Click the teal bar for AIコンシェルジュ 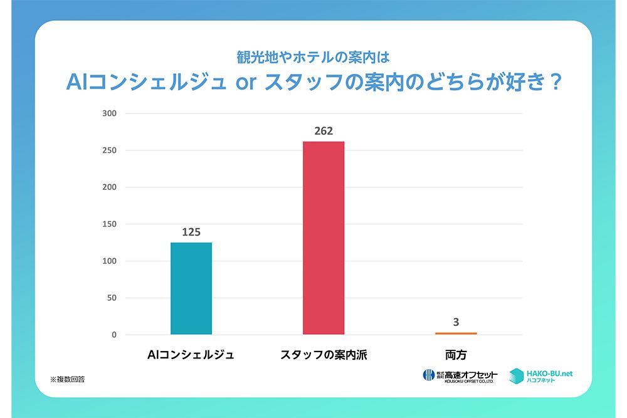pyautogui.click(x=191, y=288)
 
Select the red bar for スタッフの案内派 pyautogui.click(x=324, y=238)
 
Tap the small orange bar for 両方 pyautogui.click(x=456, y=333)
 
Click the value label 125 pyautogui.click(x=191, y=232)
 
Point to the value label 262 pyautogui.click(x=324, y=131)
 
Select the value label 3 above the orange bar pyautogui.click(x=456, y=323)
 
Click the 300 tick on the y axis pyautogui.click(x=110, y=113)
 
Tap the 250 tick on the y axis pyautogui.click(x=110, y=150)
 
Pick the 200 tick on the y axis pyautogui.click(x=110, y=187)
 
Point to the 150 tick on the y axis pyautogui.click(x=110, y=224)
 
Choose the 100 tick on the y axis pyautogui.click(x=110, y=261)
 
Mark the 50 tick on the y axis pyautogui.click(x=112, y=298)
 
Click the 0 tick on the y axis pyautogui.click(x=114, y=335)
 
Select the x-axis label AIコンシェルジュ pyautogui.click(x=191, y=355)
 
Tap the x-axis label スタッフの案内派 pyautogui.click(x=324, y=355)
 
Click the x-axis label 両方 pyautogui.click(x=456, y=355)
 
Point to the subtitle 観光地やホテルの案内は pyautogui.click(x=313, y=57)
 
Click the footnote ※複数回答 pyautogui.click(x=68, y=379)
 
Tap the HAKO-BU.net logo pyautogui.click(x=541, y=375)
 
